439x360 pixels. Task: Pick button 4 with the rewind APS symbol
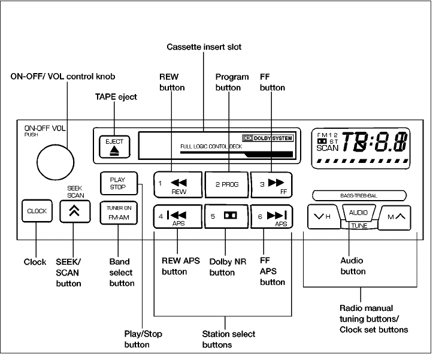coord(178,216)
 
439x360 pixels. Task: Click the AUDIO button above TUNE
coord(358,212)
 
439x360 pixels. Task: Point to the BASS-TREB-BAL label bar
coord(359,195)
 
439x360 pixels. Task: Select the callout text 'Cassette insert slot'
coord(204,47)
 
